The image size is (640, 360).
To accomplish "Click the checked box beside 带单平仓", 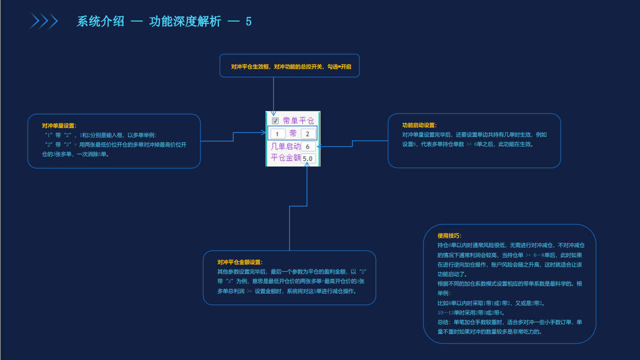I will pos(275,120).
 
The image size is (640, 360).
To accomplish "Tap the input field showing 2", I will pos(308,133).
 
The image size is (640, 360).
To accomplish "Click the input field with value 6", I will pos(308,146).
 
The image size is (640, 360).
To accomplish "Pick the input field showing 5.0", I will pos(307,158).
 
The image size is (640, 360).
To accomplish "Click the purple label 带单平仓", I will pos(298,120).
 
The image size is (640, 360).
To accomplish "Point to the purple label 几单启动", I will pos(285,146).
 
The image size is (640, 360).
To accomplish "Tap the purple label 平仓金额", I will pos(285,158).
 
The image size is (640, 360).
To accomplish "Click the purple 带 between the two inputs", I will pos(293,133).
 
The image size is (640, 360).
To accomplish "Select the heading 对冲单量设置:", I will pos(59,125).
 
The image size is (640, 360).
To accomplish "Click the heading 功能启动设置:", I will pos(419,125).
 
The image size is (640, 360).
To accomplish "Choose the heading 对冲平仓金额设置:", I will pos(239,262).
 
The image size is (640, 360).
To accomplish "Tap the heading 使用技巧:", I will pos(449,235).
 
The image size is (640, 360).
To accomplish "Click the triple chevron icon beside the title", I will pos(44,21).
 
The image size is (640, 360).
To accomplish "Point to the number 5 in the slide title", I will pos(248,22).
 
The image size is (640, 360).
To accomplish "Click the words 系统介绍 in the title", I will pos(100,22).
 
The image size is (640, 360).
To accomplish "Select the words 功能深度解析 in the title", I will pos(185,22).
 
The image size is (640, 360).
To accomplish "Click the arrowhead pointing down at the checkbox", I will pos(273,113).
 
